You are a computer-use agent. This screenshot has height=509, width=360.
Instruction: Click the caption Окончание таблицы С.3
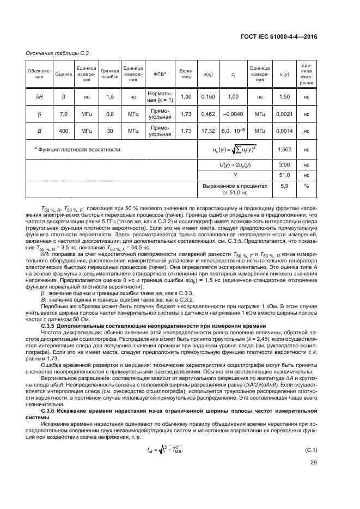54,53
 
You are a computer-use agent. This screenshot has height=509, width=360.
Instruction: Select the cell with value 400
64,131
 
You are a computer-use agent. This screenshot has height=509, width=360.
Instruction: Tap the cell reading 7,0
64,114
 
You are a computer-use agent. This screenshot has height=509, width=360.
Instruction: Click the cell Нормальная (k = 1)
160,96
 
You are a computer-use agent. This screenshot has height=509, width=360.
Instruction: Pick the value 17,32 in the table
208,131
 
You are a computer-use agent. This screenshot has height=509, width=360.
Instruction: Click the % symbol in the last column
307,188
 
